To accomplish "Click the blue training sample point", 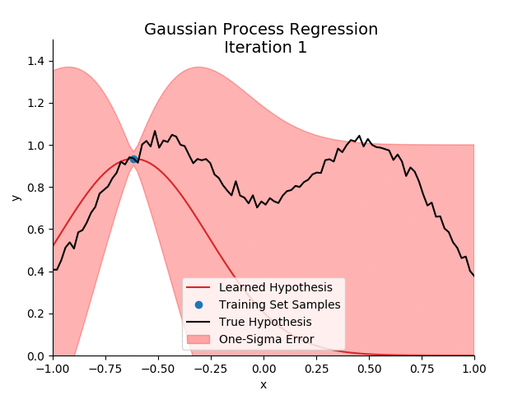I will [133, 159].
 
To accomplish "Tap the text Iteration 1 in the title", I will [265, 48].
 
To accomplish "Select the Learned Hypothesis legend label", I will [275, 287].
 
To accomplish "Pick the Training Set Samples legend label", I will [279, 304].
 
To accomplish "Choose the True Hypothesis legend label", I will [265, 322].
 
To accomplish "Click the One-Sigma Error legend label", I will [266, 339].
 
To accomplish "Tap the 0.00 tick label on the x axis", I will [263, 369].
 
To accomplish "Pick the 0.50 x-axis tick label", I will [369, 369].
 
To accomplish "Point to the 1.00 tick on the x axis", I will [474, 369].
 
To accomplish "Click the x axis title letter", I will [263, 384].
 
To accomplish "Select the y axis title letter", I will [16, 197].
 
